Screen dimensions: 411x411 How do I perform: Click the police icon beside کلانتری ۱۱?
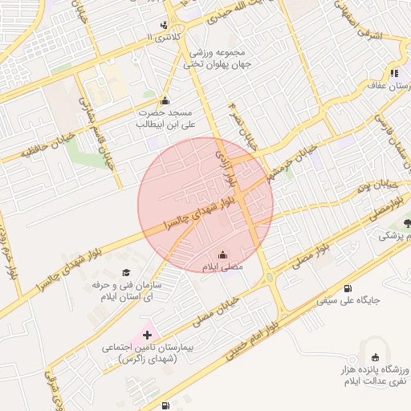[x=164, y=25]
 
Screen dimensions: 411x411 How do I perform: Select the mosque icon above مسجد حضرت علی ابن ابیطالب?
[x=165, y=100]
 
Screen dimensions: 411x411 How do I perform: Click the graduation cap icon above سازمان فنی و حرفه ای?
[x=125, y=274]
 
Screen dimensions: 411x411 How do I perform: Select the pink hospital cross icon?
[x=147, y=333]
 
